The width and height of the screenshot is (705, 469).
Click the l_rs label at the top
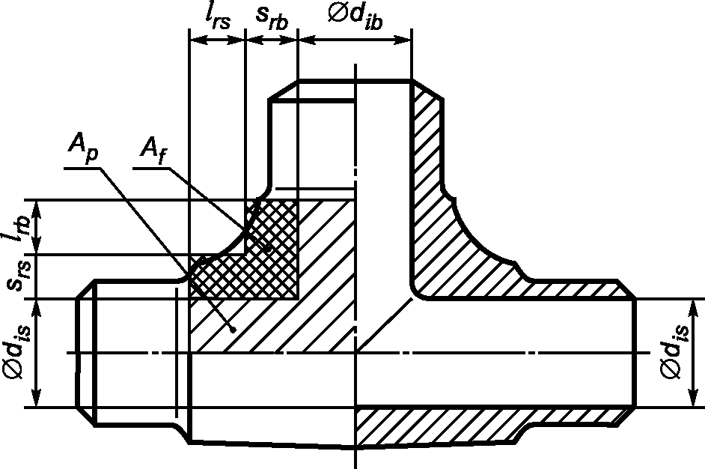217,18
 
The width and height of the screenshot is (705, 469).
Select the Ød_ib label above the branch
355,18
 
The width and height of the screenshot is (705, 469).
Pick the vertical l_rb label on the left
18,227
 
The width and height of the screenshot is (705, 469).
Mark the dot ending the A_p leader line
233,330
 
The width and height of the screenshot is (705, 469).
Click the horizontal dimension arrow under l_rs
217,40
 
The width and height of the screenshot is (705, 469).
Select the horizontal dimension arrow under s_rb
272,40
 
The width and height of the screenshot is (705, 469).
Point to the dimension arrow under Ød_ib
355,40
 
